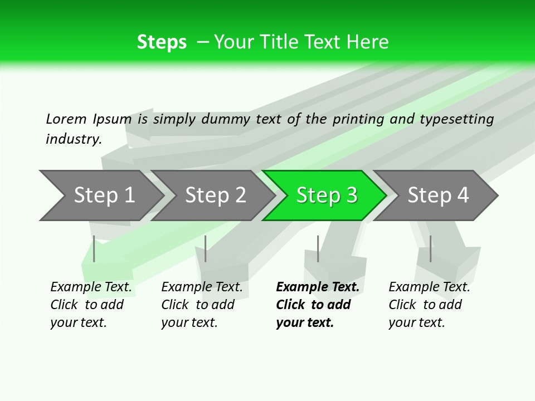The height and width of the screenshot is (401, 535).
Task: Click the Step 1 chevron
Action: click(100, 195)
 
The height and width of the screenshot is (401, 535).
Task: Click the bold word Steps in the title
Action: click(162, 42)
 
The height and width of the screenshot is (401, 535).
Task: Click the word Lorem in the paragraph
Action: click(66, 119)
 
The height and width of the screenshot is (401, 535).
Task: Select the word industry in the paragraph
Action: click(74, 139)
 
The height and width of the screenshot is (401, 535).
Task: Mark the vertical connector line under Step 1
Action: click(94, 248)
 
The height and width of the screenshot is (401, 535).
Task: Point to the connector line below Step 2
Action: click(206, 248)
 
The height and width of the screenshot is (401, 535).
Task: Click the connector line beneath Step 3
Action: click(318, 248)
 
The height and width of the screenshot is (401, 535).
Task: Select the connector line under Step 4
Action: click(431, 248)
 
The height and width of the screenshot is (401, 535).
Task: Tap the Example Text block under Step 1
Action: click(91, 305)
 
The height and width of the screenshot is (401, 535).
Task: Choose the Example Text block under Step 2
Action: click(202, 305)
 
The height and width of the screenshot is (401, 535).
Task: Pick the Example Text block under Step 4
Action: click(429, 305)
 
